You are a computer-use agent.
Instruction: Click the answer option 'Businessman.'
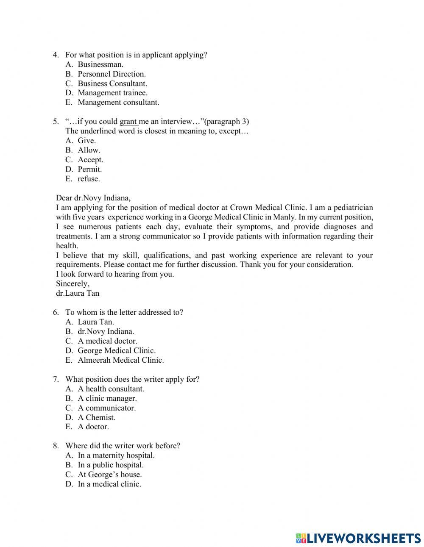(100, 64)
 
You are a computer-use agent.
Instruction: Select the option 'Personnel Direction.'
(112, 74)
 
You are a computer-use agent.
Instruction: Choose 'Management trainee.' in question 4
(112, 93)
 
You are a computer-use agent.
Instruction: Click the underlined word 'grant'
(128, 122)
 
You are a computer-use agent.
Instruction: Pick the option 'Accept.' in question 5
(90, 160)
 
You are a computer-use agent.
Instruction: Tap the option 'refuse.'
(89, 179)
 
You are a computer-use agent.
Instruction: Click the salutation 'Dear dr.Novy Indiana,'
(93, 198)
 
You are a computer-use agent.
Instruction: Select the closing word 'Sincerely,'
(73, 283)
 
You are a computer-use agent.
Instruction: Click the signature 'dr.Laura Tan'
(78, 293)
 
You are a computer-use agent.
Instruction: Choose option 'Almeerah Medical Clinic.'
(120, 360)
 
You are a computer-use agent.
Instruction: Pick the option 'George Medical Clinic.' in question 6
(117, 351)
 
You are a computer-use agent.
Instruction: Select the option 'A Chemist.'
(96, 417)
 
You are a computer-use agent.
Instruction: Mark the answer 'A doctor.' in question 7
(93, 427)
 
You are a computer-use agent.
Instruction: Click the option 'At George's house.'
(110, 475)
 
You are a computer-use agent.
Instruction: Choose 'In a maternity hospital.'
(116, 455)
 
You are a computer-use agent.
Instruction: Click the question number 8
(56, 446)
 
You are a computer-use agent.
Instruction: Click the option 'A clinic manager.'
(107, 398)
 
